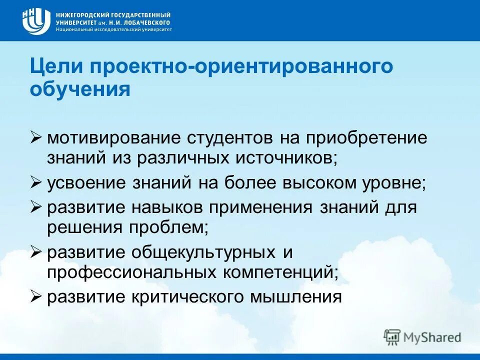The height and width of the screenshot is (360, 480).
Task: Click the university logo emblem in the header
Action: (x=36, y=21)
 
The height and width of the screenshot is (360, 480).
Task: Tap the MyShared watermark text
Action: (x=433, y=337)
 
